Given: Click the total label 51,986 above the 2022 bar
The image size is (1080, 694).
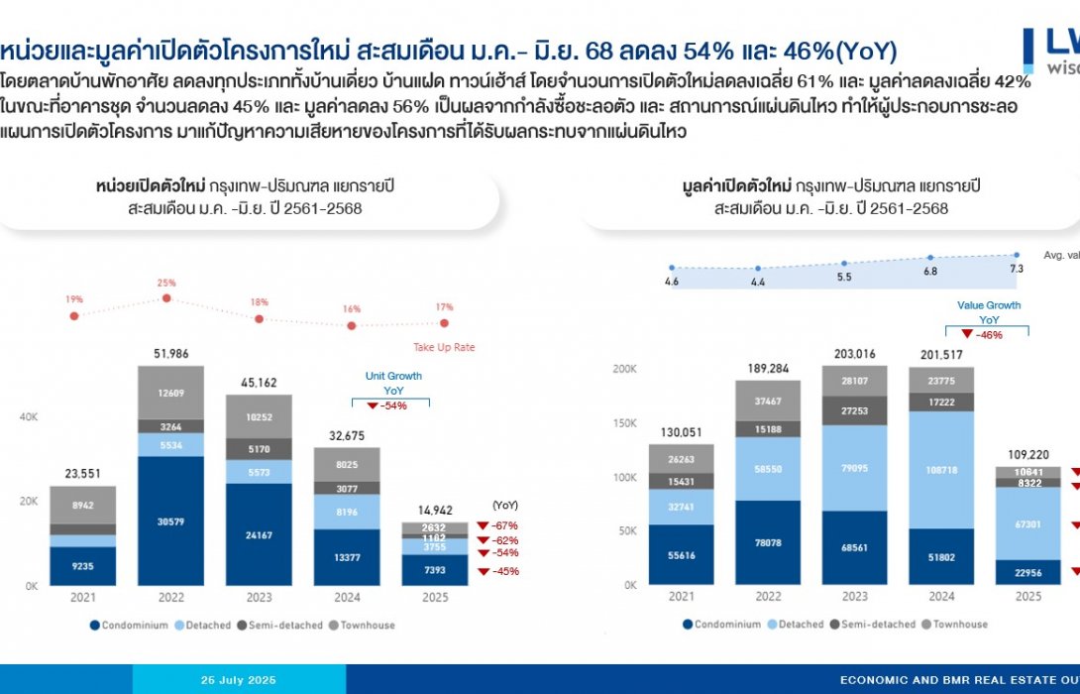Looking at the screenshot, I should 169,354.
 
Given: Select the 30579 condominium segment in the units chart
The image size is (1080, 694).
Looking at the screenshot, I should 170,522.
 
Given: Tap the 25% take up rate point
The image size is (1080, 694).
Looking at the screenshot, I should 166,296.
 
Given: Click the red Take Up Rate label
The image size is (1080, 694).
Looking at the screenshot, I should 445,347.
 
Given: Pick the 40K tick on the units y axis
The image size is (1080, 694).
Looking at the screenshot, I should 29,418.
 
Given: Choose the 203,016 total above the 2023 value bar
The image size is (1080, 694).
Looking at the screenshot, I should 853,354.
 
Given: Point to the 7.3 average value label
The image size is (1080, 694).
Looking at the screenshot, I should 1016,269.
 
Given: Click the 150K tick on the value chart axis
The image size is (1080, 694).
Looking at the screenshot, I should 626,423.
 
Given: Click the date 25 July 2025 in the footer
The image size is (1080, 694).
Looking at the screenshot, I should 239,680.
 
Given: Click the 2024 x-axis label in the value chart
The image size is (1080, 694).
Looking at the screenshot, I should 941,597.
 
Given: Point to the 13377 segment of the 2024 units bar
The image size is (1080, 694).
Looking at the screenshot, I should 347,558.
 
